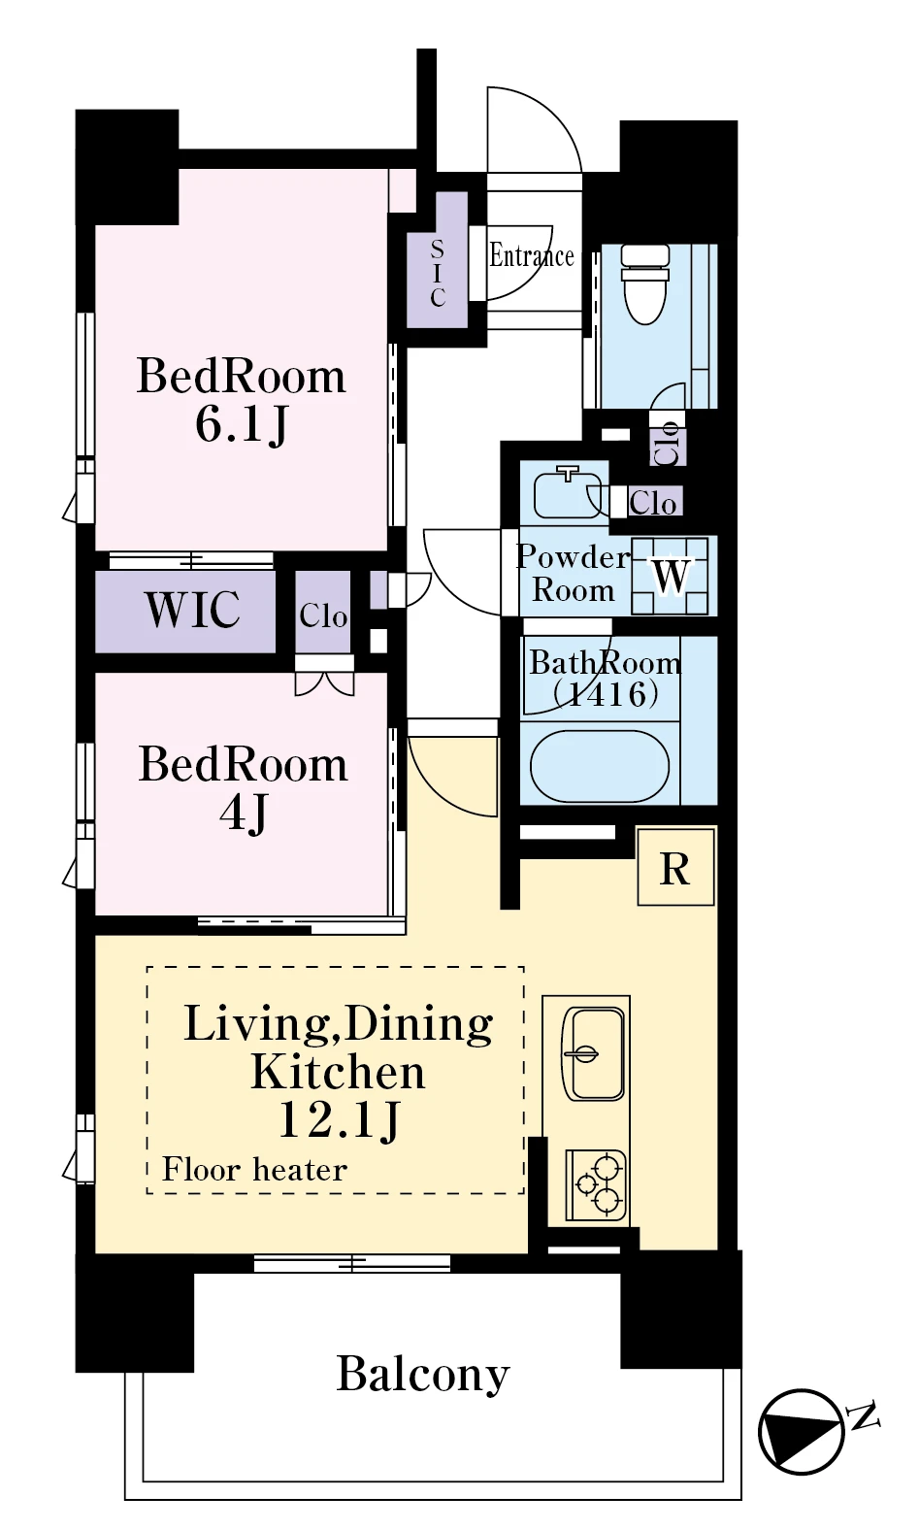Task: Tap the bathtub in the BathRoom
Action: click(x=599, y=766)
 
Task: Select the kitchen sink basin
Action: click(x=593, y=1054)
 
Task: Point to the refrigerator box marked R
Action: click(x=675, y=867)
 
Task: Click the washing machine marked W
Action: click(x=670, y=576)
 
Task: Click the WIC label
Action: click(x=192, y=610)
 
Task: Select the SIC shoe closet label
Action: click(x=438, y=273)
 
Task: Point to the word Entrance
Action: click(x=531, y=256)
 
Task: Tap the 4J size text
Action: click(x=244, y=813)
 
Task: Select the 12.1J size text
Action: click(x=339, y=1121)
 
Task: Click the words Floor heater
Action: click(x=254, y=1170)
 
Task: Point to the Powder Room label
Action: click(x=573, y=573)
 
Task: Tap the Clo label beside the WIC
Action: click(x=323, y=616)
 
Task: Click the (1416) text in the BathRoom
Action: click(x=606, y=695)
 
